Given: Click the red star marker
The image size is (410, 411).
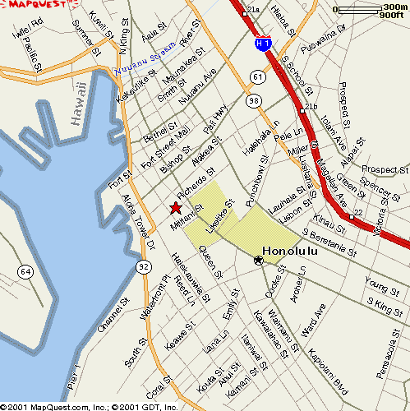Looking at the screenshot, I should coord(174,208).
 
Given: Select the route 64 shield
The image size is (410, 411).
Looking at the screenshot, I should coord(26,271).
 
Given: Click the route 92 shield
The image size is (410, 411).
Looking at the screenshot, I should coord(144,266).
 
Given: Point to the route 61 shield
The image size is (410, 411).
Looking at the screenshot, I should coord(258,77).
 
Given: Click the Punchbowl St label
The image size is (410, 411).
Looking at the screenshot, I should coord(256,170).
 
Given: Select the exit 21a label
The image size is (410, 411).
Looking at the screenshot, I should coord(253,10).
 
